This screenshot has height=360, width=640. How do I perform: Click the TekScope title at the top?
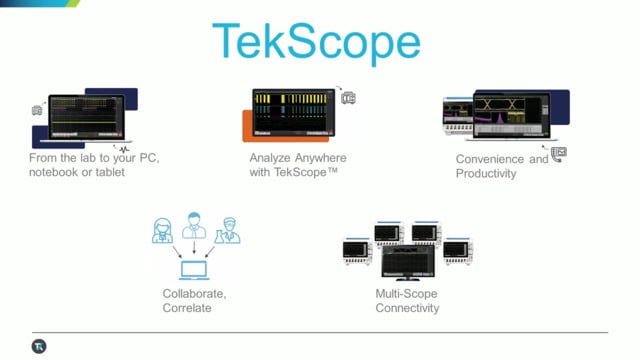point(316,43)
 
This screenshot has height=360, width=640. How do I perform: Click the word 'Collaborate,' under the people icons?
point(194,293)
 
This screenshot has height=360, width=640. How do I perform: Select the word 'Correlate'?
point(187,308)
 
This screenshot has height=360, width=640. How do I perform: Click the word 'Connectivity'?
point(407,308)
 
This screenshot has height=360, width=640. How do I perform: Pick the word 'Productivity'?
point(485,173)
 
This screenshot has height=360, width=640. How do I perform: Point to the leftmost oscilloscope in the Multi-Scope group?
point(357,253)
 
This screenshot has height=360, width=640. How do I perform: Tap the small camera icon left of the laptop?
point(38,109)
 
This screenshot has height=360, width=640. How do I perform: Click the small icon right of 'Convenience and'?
point(558,153)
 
